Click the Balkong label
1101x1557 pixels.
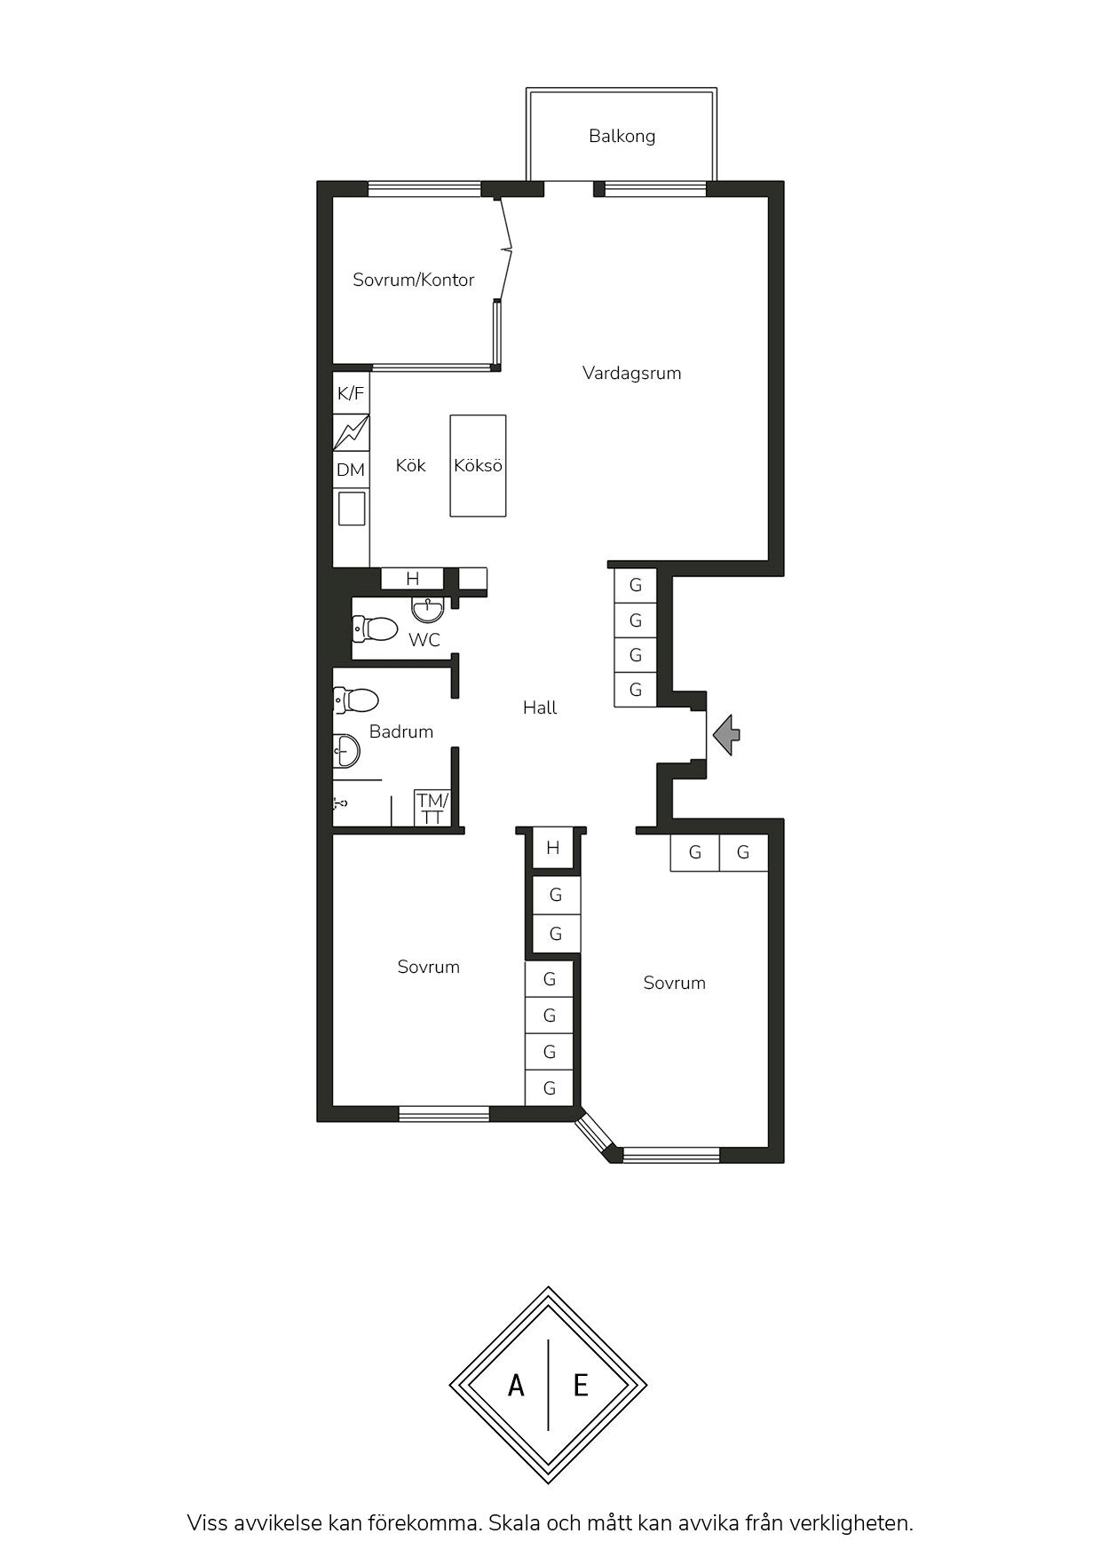(x=622, y=136)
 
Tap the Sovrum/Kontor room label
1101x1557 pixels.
(x=414, y=280)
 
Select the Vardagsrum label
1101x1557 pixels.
(x=632, y=373)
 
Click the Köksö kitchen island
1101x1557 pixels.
(x=478, y=465)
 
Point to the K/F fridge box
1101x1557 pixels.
(x=351, y=393)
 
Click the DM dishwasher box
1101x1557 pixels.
(x=351, y=470)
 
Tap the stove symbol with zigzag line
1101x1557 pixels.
(x=351, y=432)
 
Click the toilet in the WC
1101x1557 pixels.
(x=374, y=628)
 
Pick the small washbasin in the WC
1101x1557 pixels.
(x=428, y=610)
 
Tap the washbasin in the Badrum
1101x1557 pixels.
(x=346, y=752)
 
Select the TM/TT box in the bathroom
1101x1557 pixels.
(x=432, y=808)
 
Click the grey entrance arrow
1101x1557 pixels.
(x=727, y=734)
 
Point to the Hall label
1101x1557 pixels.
(x=540, y=707)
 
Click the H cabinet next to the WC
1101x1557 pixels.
(x=412, y=579)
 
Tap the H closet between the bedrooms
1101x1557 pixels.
(x=553, y=848)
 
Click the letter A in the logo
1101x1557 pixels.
(x=516, y=1385)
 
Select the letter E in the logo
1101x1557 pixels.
(x=581, y=1385)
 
